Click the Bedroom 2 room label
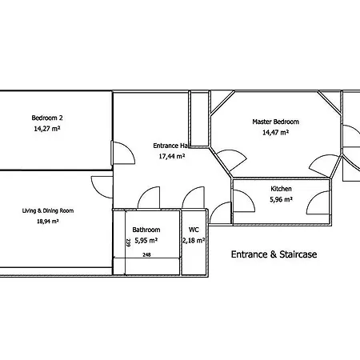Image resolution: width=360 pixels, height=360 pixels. point(47,118)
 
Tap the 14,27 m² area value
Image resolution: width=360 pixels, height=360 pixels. point(47,129)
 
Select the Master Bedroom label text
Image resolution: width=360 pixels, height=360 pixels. point(275,122)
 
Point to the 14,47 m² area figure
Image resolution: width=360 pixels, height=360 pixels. point(275,132)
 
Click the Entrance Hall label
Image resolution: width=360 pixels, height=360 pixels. point(171,146)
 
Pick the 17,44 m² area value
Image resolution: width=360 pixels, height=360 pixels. point(172,156)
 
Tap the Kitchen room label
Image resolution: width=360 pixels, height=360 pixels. point(281,189)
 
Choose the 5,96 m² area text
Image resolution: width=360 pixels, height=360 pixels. point(281,199)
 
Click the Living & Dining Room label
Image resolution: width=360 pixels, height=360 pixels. point(48,210)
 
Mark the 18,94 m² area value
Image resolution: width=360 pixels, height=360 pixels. point(47,221)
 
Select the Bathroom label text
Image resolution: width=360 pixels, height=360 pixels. point(146,230)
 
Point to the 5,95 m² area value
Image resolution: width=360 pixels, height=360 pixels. point(146,241)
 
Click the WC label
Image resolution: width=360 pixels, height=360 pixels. point(194,230)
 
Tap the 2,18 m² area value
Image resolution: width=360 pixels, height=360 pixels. point(194,241)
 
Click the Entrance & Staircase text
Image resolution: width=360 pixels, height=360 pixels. point(274,254)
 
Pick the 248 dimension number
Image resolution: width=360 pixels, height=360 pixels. point(146,254)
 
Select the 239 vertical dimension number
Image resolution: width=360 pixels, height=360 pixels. point(128,242)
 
